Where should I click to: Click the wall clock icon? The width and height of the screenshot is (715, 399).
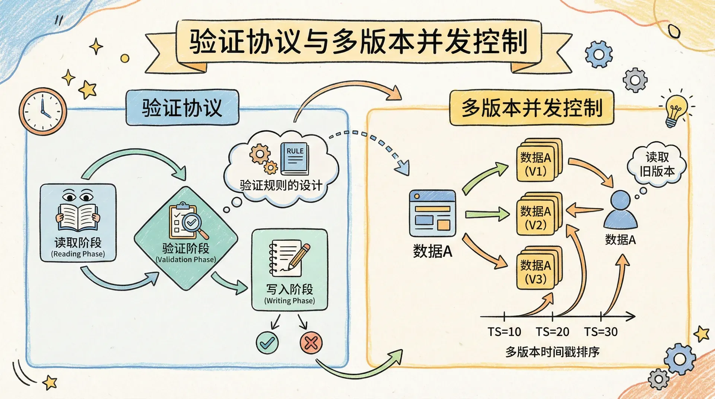tap(43, 111)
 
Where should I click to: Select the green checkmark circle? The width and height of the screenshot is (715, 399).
tap(267, 342)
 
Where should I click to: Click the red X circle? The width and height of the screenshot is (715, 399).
tap(311, 342)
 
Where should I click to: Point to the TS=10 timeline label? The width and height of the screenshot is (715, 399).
tap(504, 332)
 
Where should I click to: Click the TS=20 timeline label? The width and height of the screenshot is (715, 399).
tap(552, 332)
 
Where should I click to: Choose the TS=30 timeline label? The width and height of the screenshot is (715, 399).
tap(601, 332)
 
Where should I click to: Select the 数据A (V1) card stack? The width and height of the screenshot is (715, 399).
tap(538, 161)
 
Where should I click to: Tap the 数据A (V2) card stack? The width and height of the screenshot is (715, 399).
tap(538, 215)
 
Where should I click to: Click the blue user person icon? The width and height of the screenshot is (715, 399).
tap(620, 210)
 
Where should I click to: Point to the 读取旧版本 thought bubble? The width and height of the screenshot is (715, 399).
tap(657, 164)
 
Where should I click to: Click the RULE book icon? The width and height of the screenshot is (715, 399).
tap(295, 159)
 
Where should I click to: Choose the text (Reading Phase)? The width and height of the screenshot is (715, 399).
tap(78, 254)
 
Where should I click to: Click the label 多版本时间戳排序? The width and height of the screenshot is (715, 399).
tap(552, 352)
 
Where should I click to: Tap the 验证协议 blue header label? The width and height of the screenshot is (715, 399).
tap(182, 108)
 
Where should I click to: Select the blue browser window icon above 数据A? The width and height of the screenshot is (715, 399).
tap(432, 213)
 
